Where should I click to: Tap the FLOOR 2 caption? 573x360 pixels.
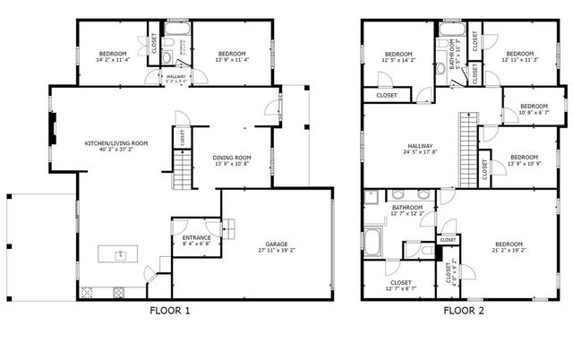click(465, 312)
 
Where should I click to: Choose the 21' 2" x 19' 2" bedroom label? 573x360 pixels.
click(509, 247)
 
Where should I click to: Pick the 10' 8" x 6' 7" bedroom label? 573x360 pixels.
click(534, 108)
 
